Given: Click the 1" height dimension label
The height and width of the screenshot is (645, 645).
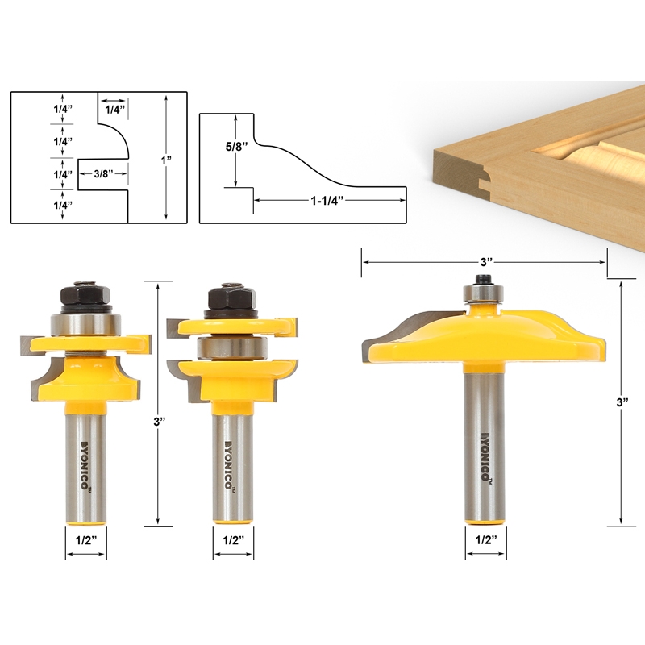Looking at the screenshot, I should (167, 160).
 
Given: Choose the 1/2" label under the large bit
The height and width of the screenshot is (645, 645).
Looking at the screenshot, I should (485, 539).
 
